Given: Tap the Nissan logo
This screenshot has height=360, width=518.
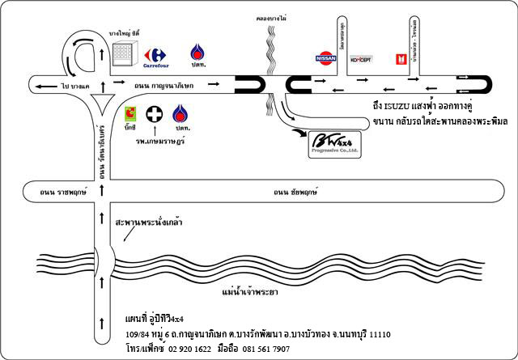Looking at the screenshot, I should (323, 58).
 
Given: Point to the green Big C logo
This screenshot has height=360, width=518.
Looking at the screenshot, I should (129, 114).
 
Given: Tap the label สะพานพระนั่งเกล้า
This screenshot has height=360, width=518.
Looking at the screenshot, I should (148, 220).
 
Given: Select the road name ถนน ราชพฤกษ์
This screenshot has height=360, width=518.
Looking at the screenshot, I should (51, 193).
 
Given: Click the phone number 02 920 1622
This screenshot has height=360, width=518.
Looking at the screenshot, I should (189, 349).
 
